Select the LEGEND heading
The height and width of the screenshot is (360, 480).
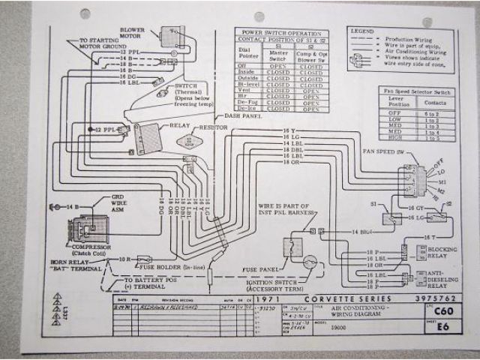click(x=362, y=31)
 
